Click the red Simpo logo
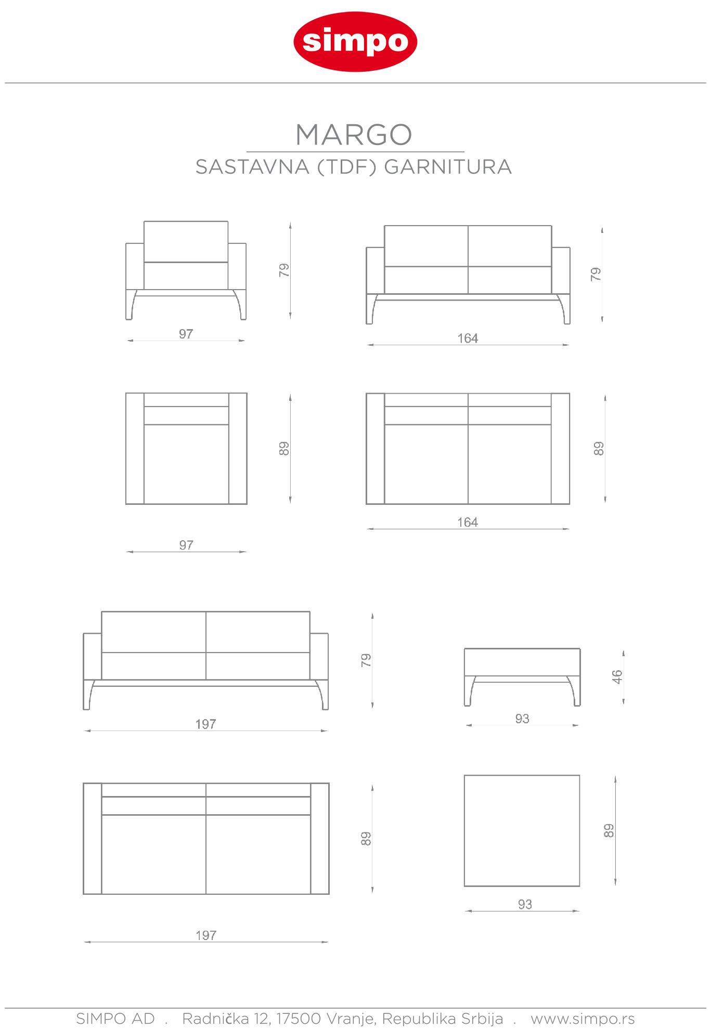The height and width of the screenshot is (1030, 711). click(355, 42)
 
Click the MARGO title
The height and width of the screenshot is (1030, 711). click(354, 135)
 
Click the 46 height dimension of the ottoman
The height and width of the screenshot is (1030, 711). click(617, 676)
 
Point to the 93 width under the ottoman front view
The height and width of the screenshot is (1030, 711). click(522, 719)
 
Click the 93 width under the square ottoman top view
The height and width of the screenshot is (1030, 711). click(525, 904)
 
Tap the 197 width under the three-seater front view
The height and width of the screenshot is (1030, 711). click(205, 724)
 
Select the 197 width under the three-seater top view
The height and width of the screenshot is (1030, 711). click(206, 935)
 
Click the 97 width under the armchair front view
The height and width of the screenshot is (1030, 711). click(186, 334)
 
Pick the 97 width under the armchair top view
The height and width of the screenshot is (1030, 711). click(186, 545)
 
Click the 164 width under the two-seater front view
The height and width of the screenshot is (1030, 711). click(467, 338)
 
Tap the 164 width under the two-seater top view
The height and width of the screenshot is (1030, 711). click(467, 522)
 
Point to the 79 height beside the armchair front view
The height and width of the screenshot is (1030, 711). click(284, 270)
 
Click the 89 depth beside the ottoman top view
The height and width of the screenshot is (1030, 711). click(609, 830)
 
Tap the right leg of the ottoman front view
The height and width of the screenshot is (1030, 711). click(575, 692)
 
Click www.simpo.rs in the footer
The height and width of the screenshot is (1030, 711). click(583, 1018)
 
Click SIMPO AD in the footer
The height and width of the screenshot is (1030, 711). click(115, 1018)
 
